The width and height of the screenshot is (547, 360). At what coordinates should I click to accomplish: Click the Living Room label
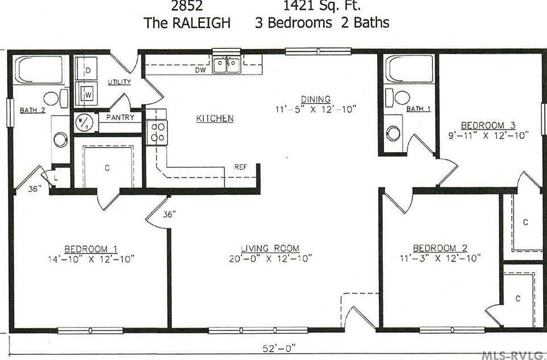270,248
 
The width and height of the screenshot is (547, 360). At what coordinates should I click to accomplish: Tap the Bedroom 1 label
91,248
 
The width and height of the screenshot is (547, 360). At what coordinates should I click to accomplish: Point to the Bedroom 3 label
483,125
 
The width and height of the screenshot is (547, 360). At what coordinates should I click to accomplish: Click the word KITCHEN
215,118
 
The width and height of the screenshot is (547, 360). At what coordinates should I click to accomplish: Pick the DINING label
316,99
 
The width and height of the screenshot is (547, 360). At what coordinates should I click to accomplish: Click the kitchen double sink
226,66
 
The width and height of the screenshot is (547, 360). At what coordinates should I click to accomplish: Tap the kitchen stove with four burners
157,132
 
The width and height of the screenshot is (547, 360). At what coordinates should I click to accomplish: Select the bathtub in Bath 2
39,69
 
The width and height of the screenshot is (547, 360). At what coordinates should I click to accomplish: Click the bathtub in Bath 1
409,69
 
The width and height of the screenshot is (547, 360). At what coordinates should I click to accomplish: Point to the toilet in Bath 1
400,97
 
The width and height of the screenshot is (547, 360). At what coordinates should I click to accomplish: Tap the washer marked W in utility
88,93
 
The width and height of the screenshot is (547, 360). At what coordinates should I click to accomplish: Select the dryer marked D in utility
88,69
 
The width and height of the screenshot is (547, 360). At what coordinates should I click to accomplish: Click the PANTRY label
120,118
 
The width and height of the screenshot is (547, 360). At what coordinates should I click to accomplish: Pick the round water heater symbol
83,122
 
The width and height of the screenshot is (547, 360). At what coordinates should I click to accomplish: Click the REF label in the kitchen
240,167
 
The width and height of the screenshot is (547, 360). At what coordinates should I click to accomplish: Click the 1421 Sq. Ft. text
321,6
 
